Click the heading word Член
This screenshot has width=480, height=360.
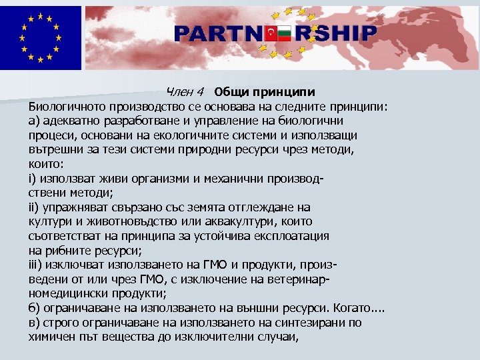[179, 91]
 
